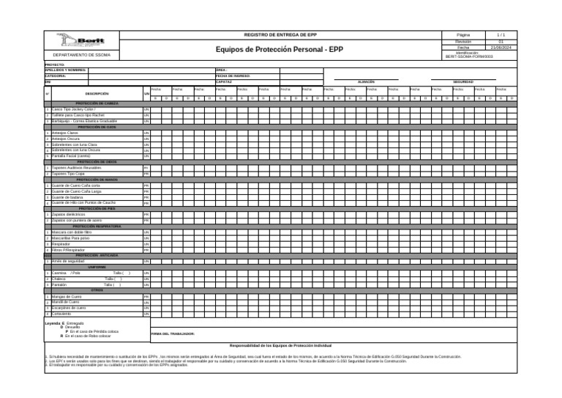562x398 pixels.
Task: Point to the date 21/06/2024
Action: (501, 48)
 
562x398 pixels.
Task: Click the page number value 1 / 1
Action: (501, 35)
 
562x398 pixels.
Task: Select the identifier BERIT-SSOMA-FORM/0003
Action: (474, 56)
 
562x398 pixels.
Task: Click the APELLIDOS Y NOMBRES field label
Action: (66, 70)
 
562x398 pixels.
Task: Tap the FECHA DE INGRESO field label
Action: (233, 75)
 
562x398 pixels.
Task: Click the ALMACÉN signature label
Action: (366, 82)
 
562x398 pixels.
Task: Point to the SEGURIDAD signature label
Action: (462, 82)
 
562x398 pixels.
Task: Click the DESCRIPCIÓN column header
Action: (97, 94)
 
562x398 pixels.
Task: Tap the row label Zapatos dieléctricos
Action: (69, 214)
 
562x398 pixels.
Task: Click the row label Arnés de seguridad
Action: (69, 261)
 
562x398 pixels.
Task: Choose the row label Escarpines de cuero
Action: (69, 308)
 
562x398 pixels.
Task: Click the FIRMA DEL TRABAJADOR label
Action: (172, 333)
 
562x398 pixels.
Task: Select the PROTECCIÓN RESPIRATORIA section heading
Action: (97, 226)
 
